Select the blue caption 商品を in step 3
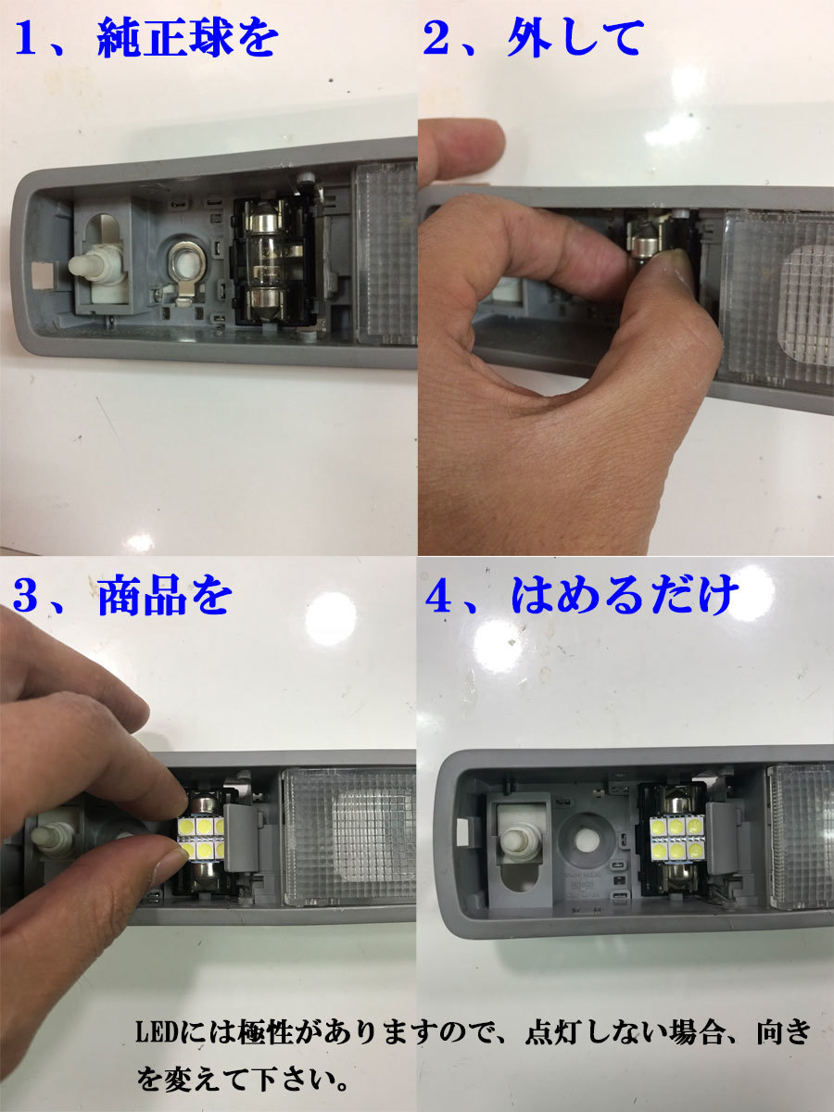(163, 598)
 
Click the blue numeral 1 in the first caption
(28, 41)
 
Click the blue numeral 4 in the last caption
(437, 599)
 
